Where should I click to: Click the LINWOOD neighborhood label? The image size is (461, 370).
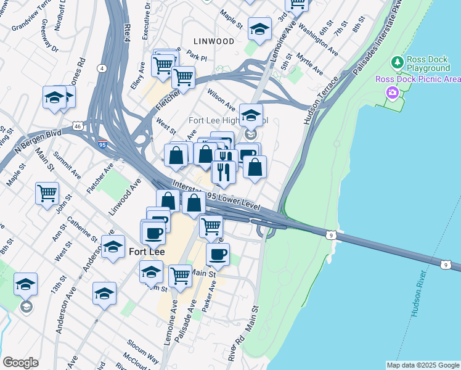coord(213,41)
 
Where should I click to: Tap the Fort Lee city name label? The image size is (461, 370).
coord(146,252)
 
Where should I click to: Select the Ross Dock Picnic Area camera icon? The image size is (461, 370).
coord(391,92)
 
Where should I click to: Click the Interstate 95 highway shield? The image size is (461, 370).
coord(102,144)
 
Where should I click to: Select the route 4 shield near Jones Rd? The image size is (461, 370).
coord(101,68)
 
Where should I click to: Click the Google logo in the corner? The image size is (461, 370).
coord(20,362)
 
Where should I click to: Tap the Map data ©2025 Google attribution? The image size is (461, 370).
coord(423,365)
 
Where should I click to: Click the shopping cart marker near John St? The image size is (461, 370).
coord(47,193)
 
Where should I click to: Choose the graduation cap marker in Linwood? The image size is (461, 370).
coord(259,28)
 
